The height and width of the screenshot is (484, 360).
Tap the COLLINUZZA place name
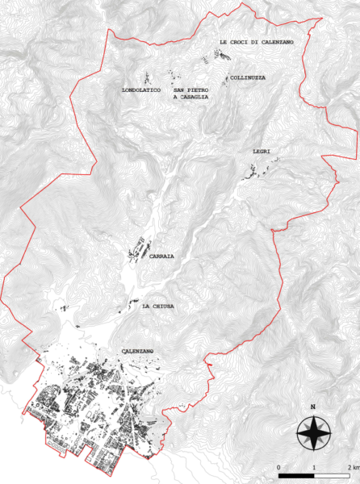pyautogui.click(x=248, y=78)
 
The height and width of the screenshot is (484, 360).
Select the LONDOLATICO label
pyautogui.click(x=141, y=90)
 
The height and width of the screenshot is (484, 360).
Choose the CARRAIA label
pyautogui.click(x=161, y=256)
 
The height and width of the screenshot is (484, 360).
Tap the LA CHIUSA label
pyautogui.click(x=157, y=307)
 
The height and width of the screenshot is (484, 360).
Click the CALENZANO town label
pyautogui.click(x=138, y=352)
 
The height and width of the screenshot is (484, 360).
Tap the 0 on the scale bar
pyautogui.click(x=278, y=467)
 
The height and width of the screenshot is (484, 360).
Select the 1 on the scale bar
pyautogui.click(x=314, y=467)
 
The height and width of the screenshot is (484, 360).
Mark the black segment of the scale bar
pyautogui.click(x=296, y=476)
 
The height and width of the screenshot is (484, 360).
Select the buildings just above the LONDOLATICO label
pyautogui.click(x=147, y=77)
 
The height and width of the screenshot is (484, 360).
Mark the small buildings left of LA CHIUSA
pyautogui.click(x=123, y=307)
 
